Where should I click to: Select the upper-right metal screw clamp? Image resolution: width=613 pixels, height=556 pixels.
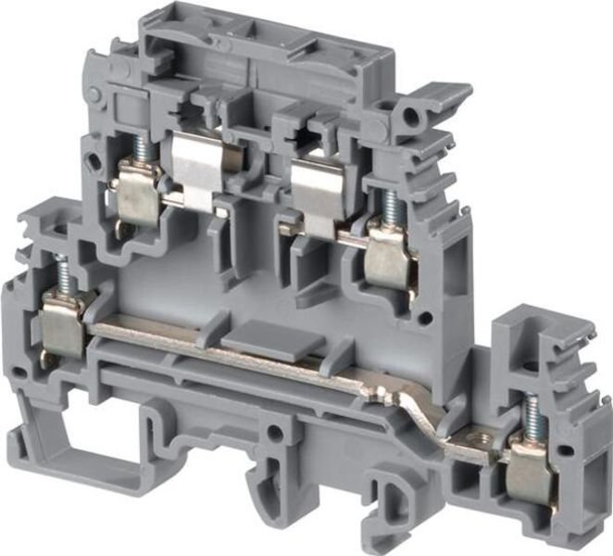click(x=388, y=260)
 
